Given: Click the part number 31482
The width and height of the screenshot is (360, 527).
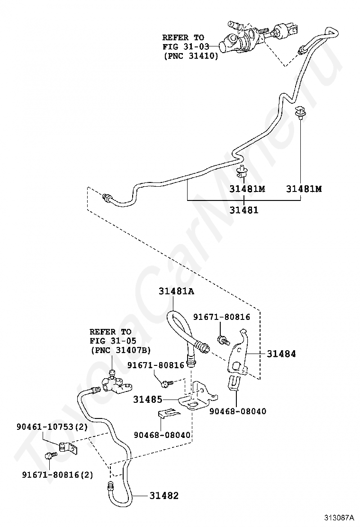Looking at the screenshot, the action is pyautogui.click(x=164, y=495).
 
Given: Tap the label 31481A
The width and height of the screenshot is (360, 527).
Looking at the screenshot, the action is pyautogui.click(x=176, y=291).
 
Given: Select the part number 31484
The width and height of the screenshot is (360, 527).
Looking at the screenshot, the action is pyautogui.click(x=281, y=354).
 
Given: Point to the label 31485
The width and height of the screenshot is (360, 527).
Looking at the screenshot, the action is pyautogui.click(x=147, y=400).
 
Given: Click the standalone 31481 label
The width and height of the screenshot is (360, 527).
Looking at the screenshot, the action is pyautogui.click(x=244, y=210).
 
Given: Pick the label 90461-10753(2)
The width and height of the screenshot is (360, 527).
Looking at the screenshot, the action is pyautogui.click(x=52, y=427).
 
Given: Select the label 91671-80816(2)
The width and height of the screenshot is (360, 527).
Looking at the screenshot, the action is pyautogui.click(x=57, y=474).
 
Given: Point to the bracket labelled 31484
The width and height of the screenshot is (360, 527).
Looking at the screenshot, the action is pyautogui.click(x=238, y=357).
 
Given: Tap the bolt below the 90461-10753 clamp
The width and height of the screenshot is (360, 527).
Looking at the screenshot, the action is pyautogui.click(x=50, y=456).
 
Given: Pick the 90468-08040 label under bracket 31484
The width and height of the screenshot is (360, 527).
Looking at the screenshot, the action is pyautogui.click(x=238, y=411).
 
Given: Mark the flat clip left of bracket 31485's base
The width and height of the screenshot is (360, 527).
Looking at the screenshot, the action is pyautogui.click(x=169, y=413).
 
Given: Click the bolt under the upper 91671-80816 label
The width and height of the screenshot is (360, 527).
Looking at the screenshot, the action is pyautogui.click(x=223, y=340).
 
